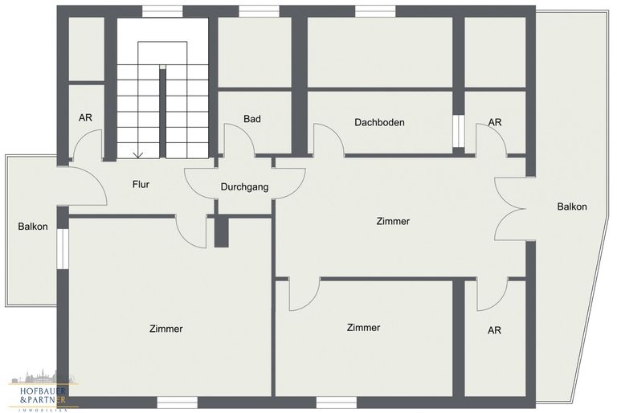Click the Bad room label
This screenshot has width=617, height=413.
[x=251, y=118]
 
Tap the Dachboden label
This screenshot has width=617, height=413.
[x=379, y=122]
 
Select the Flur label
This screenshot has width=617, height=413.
[x=141, y=184]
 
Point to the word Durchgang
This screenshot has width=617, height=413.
[x=244, y=187]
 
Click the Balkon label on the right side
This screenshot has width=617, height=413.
[x=572, y=206]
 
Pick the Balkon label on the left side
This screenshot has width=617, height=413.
[x=33, y=227]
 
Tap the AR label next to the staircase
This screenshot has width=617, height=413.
[x=85, y=118]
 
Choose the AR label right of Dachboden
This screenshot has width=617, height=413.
[x=495, y=122]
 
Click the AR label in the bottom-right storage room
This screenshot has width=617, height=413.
[x=494, y=330]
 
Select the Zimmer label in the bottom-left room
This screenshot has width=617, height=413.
[x=166, y=329]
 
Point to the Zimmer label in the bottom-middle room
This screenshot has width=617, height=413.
[x=363, y=328]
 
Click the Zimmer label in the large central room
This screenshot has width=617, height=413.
[x=393, y=221]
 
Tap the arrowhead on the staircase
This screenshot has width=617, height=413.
[x=137, y=155]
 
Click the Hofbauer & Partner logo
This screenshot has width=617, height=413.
[x=43, y=391]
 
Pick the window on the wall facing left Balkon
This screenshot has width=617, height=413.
[x=63, y=249]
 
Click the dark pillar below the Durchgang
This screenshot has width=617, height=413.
[x=221, y=232]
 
